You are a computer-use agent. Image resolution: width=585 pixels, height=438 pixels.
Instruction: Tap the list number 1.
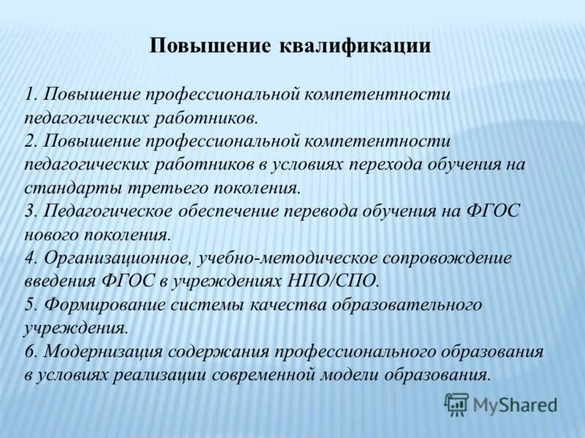click(x=29, y=95)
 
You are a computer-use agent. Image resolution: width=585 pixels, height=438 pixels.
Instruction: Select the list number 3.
click(x=29, y=212)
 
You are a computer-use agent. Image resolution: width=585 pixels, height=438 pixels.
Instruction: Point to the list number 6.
click(x=29, y=352)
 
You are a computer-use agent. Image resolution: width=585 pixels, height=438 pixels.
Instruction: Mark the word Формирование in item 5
click(x=98, y=305)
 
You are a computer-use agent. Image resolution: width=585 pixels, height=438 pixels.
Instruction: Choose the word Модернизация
click(x=103, y=352)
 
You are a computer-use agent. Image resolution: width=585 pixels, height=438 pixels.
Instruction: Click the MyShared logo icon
click(x=456, y=404)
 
